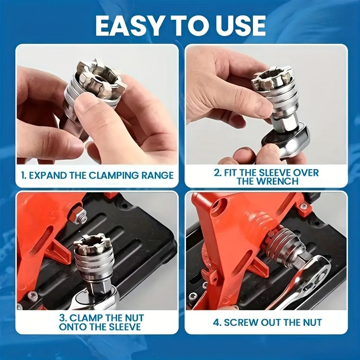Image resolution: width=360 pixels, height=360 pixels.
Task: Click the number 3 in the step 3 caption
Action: pyautogui.click(x=63, y=318)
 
